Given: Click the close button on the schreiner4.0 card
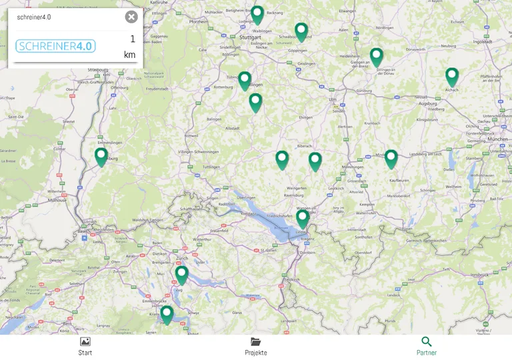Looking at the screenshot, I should click(131, 17).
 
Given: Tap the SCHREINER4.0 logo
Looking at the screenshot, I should click(55, 46).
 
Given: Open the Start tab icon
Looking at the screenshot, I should click(85, 342).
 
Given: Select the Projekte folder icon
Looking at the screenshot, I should click(255, 342).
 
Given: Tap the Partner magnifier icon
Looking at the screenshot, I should click(427, 342).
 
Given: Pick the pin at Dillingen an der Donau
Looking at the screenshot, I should click(377, 57).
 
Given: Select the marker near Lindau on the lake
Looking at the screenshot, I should click(303, 218).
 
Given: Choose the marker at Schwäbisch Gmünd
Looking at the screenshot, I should click(301, 31).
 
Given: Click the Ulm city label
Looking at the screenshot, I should click(332, 99).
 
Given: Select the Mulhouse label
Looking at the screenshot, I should click(57, 199).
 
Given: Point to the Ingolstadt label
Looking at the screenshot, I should click(482, 41).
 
